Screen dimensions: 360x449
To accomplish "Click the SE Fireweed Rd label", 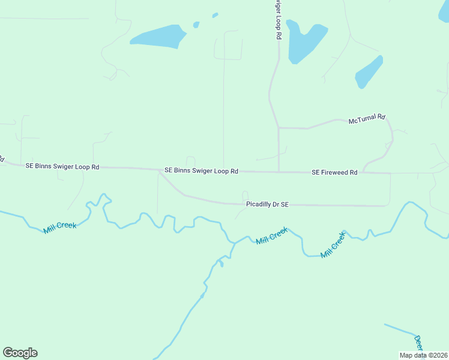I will (x=334, y=172).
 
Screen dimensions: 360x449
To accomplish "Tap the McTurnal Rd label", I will (x=367, y=120).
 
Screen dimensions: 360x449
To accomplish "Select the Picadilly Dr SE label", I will (x=268, y=205).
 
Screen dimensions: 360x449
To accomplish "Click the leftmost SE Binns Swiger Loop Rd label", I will (x=62, y=167).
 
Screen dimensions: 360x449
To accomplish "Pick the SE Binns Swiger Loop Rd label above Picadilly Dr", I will (x=201, y=171).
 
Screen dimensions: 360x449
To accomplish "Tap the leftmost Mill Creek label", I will (x=60, y=227).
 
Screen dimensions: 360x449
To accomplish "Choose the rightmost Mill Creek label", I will (x=333, y=245).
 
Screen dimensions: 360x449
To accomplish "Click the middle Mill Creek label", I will (x=272, y=235).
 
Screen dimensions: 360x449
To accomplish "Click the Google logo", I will (x=20, y=353).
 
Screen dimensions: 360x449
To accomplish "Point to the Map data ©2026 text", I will (x=423, y=355).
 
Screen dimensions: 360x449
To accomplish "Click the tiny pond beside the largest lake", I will (x=196, y=25).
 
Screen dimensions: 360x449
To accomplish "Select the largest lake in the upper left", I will (x=158, y=37).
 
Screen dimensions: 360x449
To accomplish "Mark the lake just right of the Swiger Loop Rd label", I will (x=304, y=42).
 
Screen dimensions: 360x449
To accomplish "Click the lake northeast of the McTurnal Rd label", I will (x=369, y=72).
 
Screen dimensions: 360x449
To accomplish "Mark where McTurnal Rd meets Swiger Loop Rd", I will (x=279, y=128).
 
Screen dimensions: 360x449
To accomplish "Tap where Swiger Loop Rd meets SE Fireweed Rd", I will (x=279, y=172).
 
